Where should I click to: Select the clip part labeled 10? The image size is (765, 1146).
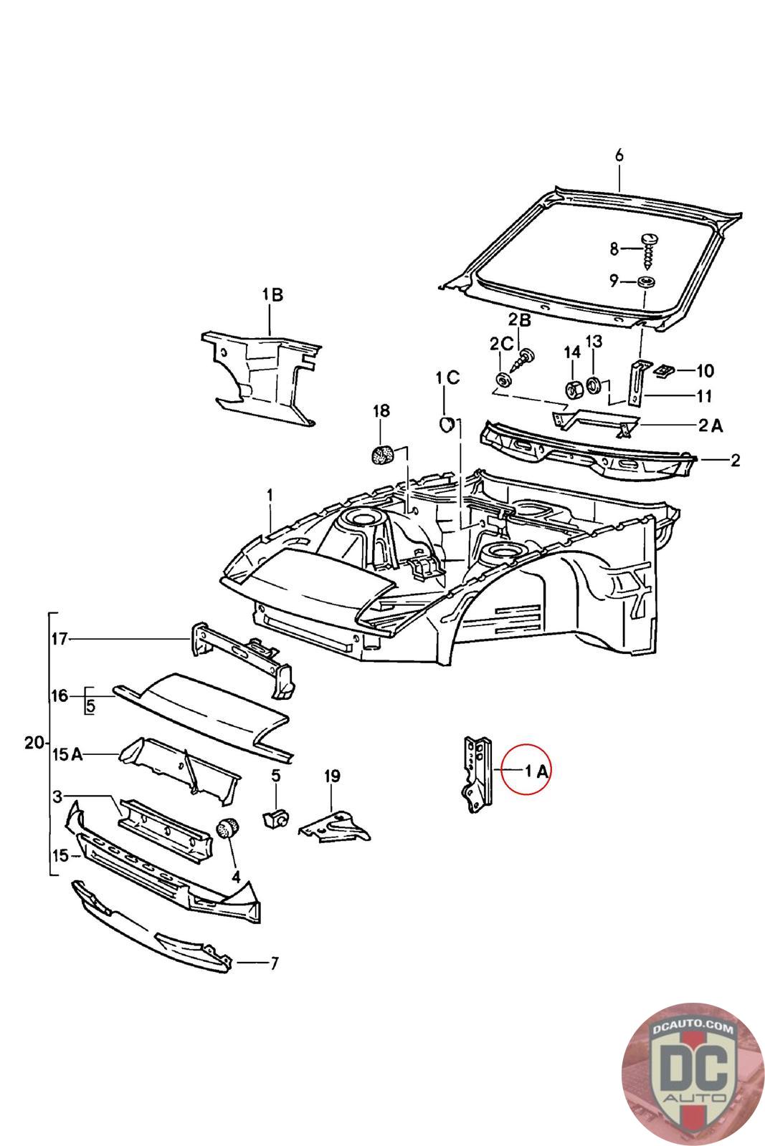coord(665,370)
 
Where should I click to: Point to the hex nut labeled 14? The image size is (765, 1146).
coord(573,389)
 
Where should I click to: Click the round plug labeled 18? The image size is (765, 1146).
coord(382,455)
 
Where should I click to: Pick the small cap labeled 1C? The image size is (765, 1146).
coord(447,423)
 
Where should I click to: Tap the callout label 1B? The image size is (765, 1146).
coord(272,294)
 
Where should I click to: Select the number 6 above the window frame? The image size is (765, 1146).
coord(619,155)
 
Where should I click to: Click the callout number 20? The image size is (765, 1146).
coord(34,742)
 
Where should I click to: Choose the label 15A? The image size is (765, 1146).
coord(67,754)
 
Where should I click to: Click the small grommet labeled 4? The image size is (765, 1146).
coord(227,828)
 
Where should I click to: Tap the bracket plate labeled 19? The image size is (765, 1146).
coord(334,826)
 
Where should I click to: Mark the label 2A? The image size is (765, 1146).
coord(711,425)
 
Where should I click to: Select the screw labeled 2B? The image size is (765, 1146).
coord(523,360)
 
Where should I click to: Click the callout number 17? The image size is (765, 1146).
coord(60,639)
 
